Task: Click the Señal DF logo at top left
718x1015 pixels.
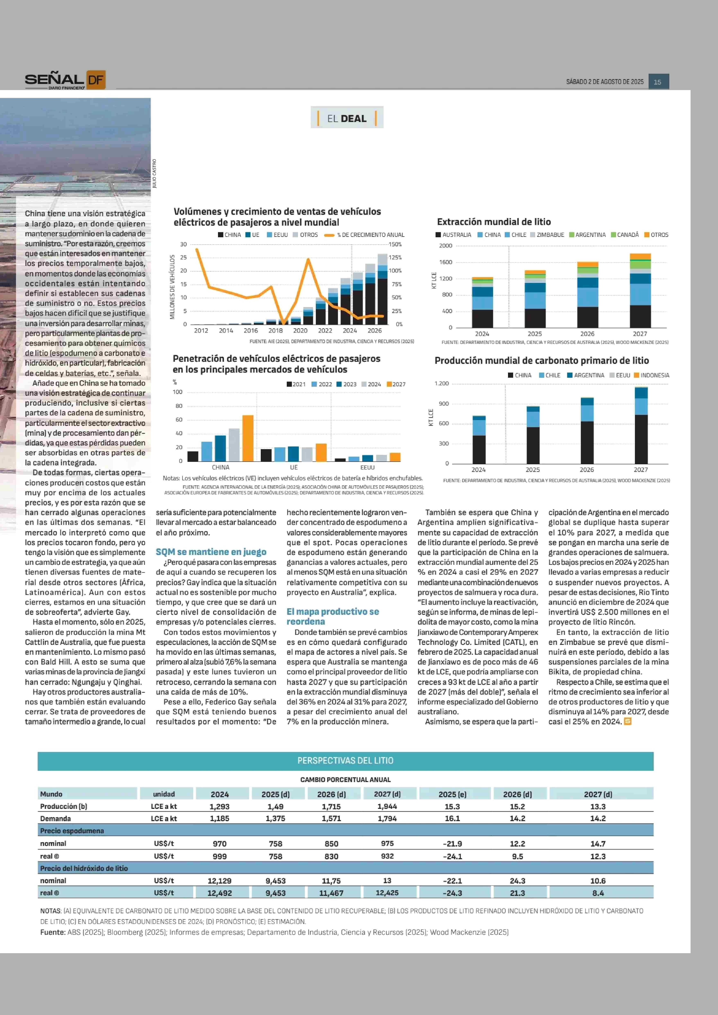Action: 65,80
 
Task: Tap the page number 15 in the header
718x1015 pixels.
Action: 657,82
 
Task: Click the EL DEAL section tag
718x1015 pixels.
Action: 347,118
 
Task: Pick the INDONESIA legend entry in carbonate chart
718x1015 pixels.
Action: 652,375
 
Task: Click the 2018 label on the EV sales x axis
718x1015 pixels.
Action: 275,330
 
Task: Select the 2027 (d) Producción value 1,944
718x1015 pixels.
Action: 387,806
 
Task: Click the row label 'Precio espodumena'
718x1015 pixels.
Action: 72,831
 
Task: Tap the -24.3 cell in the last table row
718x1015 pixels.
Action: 452,893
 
